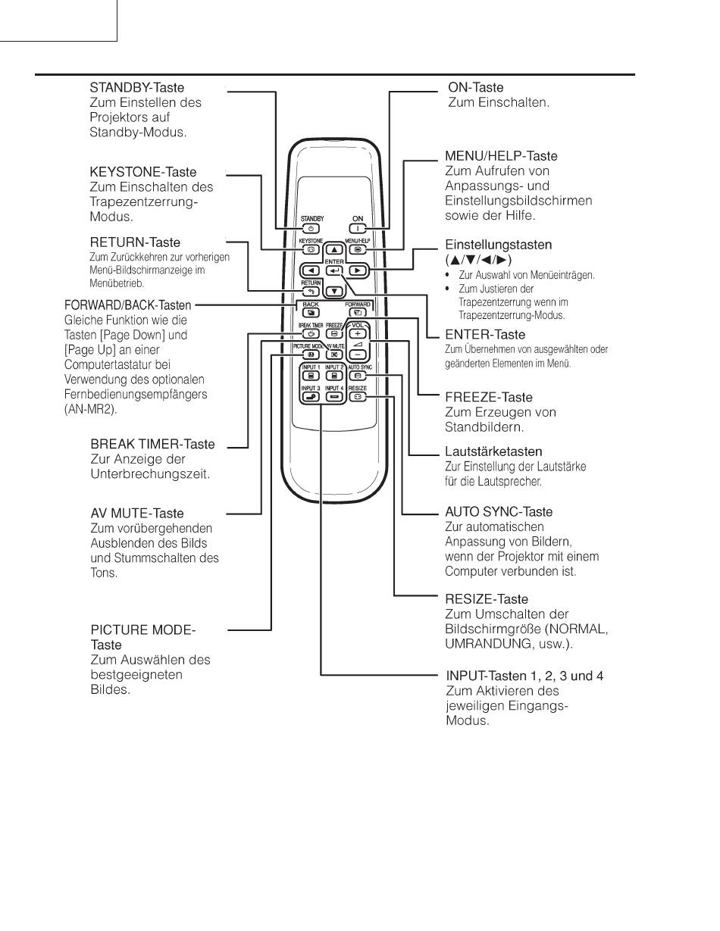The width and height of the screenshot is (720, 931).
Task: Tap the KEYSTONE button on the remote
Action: coord(311,248)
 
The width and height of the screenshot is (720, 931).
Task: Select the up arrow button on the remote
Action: coord(334,249)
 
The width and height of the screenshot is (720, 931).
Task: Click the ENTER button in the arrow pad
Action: coord(334,270)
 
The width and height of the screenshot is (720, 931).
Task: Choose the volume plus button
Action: coord(358,333)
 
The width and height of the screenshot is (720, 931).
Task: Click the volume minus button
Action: coord(358,353)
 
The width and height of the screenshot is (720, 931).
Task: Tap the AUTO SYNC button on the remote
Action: coord(358,375)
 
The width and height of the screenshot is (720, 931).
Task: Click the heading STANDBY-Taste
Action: coord(136,88)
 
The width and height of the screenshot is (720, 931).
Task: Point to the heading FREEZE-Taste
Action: coord(488,397)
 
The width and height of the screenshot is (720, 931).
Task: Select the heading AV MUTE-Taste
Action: coord(137,514)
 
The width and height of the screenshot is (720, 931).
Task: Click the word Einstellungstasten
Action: coord(498,245)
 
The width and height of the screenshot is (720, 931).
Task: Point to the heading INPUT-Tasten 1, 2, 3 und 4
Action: coord(524,676)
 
